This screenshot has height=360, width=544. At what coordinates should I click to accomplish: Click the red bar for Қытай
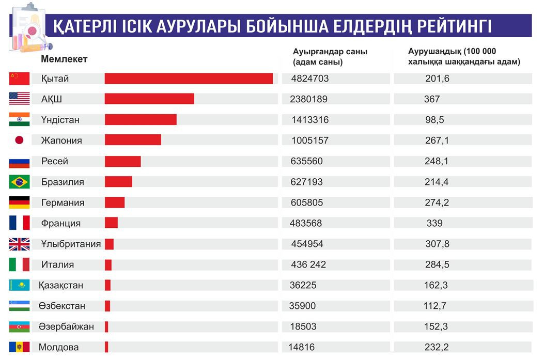point(189,79)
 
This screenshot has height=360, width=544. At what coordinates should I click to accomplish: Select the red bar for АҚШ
point(149,99)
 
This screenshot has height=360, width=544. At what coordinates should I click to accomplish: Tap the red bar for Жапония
point(133,140)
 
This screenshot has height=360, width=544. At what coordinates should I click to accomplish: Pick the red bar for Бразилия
point(118,182)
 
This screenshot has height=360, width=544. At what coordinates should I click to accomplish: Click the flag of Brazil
point(20,182)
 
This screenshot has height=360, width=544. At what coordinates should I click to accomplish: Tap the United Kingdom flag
point(20,244)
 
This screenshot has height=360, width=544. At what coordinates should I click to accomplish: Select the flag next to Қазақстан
point(20,285)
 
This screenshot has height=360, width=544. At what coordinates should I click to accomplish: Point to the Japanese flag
point(20,140)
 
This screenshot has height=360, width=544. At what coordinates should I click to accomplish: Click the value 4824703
point(310,79)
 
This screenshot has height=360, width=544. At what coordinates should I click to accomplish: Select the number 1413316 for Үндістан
point(310,120)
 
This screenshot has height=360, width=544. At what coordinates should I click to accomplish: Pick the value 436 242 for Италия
point(309,264)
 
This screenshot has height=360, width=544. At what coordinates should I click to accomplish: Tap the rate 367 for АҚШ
point(431,99)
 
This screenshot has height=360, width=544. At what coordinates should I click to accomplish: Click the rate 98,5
point(433,120)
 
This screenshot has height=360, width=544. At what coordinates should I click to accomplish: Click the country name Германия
point(63,202)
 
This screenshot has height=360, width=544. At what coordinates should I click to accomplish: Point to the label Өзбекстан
point(62,306)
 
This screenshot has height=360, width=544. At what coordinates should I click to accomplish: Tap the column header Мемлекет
point(64,59)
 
